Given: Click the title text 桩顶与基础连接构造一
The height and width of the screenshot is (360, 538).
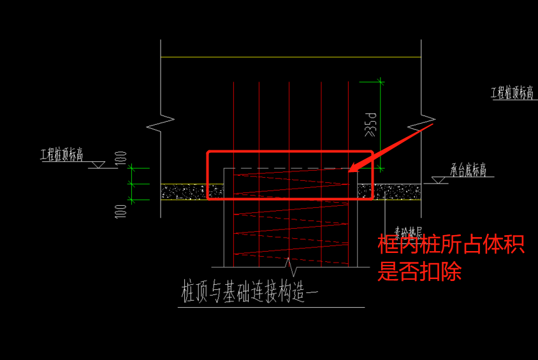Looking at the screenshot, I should click(249, 292).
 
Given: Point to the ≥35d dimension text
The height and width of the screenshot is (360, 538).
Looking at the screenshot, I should click(370, 125).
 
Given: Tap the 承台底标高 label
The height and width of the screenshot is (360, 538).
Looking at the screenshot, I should click(469, 170).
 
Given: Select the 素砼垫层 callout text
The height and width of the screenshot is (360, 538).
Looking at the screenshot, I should click(408, 231).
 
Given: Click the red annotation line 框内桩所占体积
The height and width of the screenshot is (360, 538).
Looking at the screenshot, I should click(451, 245).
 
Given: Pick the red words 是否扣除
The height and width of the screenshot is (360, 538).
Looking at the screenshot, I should click(419, 272).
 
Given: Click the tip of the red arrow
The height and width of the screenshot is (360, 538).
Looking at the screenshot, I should click(351, 170).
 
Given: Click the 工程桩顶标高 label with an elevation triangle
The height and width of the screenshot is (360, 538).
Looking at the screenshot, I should click(62, 154).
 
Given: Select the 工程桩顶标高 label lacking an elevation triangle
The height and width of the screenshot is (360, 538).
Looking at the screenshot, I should click(511, 93).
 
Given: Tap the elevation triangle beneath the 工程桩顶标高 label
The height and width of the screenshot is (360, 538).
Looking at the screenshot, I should click(97, 164).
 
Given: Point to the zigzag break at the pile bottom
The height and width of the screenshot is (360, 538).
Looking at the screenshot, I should click(291, 263).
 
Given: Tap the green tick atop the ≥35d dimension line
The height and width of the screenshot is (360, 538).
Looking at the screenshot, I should click(381, 82).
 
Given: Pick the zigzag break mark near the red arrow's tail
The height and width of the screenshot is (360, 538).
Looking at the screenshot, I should click(426, 122).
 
